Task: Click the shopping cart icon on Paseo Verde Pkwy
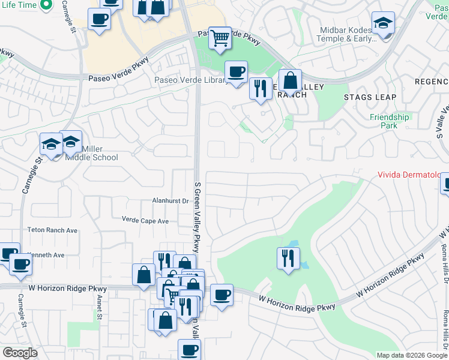[x=220, y=38]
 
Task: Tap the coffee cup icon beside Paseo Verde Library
[x=236, y=72]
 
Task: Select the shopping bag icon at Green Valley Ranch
[x=290, y=81]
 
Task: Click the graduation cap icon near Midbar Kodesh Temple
[x=383, y=23]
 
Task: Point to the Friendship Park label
[x=389, y=121]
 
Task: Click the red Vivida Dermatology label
[x=412, y=175]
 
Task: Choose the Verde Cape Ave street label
[x=145, y=221]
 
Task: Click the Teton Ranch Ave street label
[x=52, y=230]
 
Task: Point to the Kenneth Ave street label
[x=46, y=255]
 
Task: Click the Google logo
[x=20, y=353]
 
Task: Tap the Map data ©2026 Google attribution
[x=412, y=355]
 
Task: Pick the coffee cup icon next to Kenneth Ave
[x=20, y=264]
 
